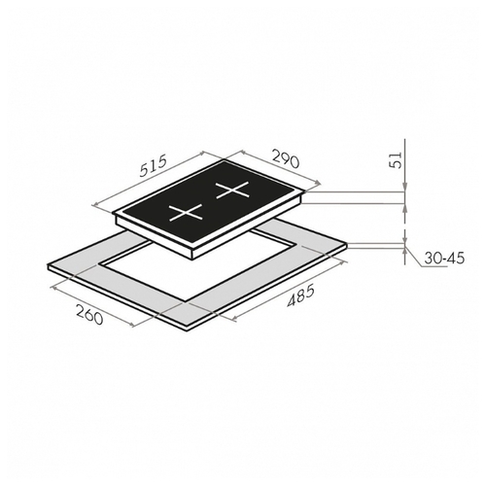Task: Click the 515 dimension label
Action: pos(154,166)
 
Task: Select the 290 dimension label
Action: pos(285,158)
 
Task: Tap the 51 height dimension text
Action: pos(397,160)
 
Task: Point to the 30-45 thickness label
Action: pos(444,259)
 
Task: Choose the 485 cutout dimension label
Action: pos(300,295)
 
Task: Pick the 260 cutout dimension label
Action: pos(89,315)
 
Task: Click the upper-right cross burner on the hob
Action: pos(232,190)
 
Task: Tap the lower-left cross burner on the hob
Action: pos(186,213)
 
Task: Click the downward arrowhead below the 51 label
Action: pos(404,188)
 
